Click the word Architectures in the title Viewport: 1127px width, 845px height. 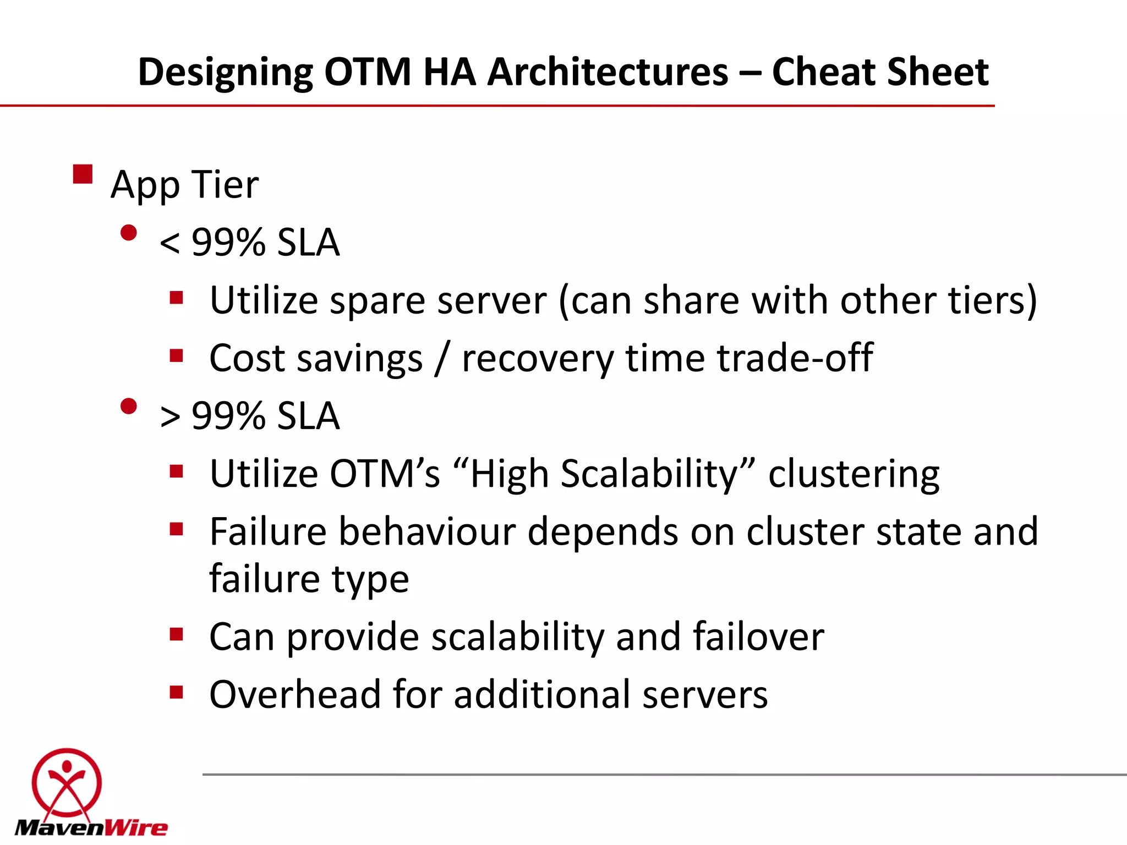click(608, 72)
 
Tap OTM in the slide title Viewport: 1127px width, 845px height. click(368, 72)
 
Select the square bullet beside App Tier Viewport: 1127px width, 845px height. click(83, 174)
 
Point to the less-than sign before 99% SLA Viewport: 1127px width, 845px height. click(169, 243)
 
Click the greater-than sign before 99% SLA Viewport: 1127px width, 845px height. click(169, 416)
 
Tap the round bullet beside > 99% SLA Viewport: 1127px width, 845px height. click(128, 407)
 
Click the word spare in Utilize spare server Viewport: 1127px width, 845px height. click(377, 301)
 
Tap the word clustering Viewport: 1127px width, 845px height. click(854, 474)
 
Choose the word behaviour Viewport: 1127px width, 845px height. click(426, 532)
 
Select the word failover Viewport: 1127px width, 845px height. click(758, 637)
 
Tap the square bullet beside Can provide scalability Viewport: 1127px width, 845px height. click(176, 634)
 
